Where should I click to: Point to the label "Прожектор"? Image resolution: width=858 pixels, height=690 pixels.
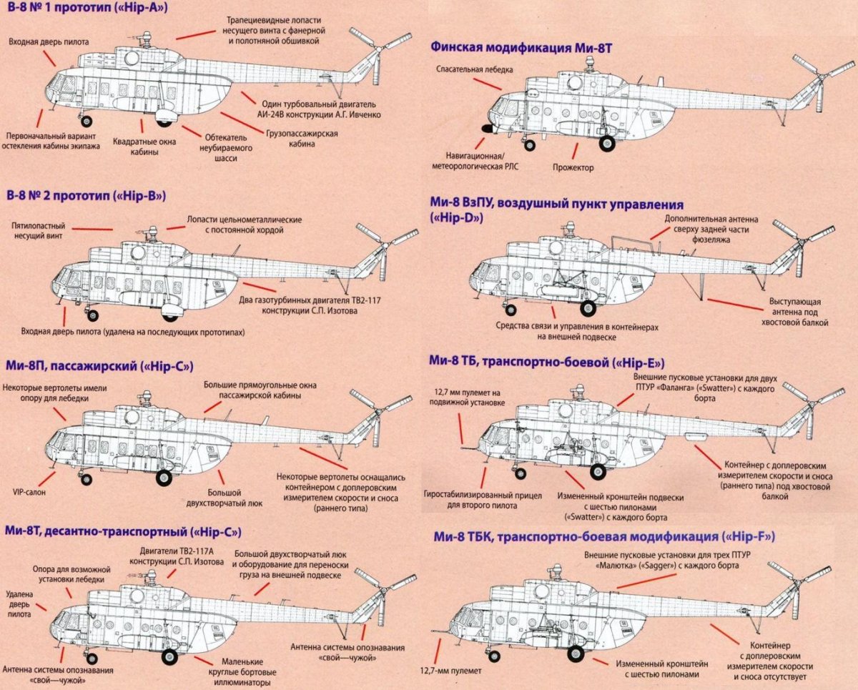point(573,167)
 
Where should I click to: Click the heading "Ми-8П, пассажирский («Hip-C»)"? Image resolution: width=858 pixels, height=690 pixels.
point(99,366)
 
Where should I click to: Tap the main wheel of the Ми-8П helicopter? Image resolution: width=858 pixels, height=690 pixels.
point(164,477)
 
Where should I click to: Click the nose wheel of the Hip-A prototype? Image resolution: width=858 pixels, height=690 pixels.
point(87,121)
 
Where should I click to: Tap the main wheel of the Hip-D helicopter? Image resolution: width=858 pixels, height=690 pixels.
point(588,308)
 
